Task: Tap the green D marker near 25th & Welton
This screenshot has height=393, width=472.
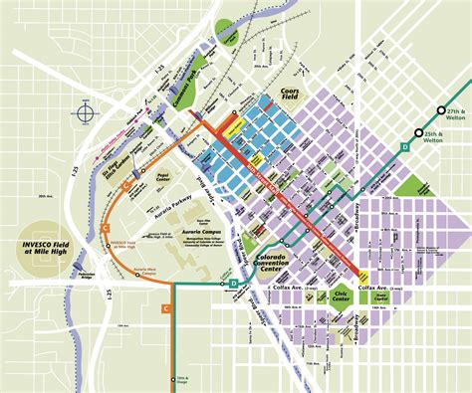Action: pos(404,147)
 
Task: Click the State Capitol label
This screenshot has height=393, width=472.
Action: pos(379,295)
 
